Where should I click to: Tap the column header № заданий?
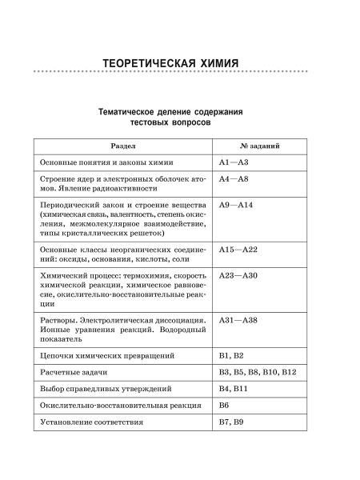(259, 147)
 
